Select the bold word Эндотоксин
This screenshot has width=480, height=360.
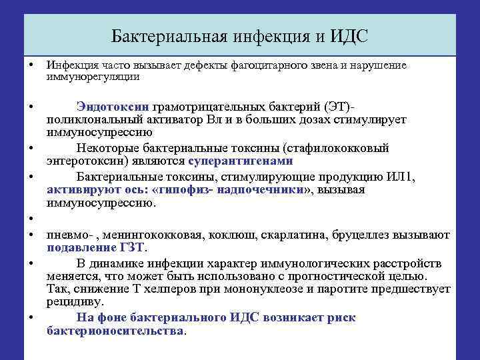113,107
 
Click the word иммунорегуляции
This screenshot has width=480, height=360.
93,77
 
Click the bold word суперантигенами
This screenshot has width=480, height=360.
241,161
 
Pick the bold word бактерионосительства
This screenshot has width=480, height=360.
116,331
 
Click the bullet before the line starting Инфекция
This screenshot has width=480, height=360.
31,65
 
